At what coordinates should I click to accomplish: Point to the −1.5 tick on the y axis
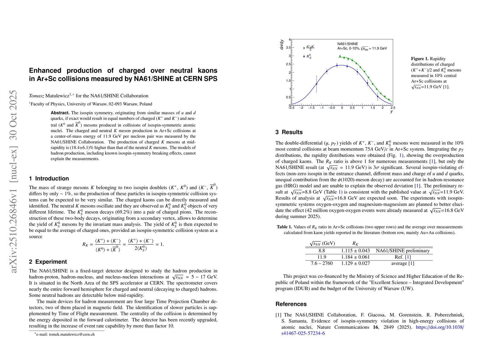tap(311, 108)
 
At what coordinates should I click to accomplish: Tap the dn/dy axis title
tap(282, 44)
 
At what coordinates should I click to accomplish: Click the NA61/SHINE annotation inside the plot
tap(348, 44)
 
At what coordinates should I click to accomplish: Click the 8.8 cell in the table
tap(322, 251)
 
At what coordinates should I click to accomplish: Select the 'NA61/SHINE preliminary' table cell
tap(403, 251)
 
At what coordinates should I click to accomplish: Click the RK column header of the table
tap(355, 243)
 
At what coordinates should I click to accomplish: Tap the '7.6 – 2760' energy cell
tap(322, 263)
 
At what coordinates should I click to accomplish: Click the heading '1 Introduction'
tap(49, 178)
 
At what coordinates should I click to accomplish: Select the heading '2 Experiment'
tap(48, 262)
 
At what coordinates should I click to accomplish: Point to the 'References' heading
tap(291, 304)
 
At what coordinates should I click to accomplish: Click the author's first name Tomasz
tap(36, 96)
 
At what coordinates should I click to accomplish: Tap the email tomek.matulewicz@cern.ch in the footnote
tap(72, 334)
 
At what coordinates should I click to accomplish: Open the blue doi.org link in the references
tap(440, 327)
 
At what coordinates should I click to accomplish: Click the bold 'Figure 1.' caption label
tap(420, 59)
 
